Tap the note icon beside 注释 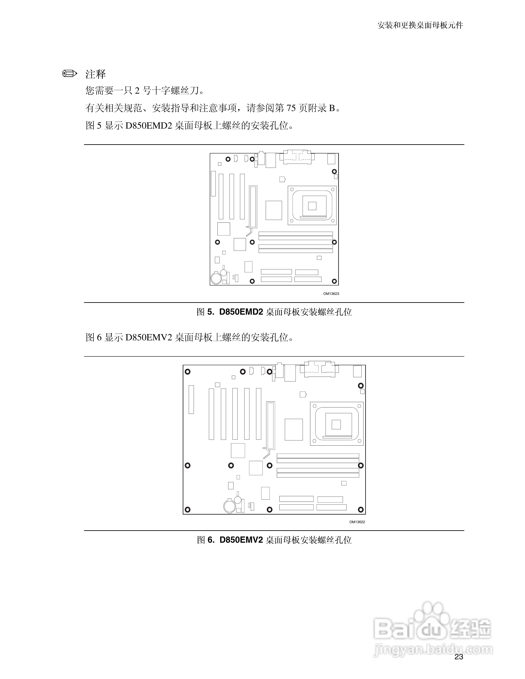point(69,74)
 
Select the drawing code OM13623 point(331,293)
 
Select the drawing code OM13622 point(357,522)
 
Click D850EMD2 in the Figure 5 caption point(241,312)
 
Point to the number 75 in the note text point(291,108)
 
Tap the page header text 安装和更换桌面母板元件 point(420,25)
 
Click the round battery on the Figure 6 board point(230,506)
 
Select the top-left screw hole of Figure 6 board point(187,371)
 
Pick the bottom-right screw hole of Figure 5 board point(334,281)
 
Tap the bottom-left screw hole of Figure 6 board point(187,509)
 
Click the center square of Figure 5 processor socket point(312,206)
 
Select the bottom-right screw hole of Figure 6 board point(361,509)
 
